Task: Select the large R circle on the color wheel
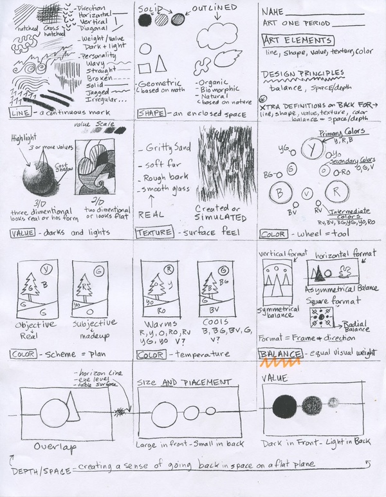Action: tap(336, 191)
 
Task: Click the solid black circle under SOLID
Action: tap(145, 20)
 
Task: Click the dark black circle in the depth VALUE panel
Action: tap(285, 408)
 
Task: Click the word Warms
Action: tap(161, 323)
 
